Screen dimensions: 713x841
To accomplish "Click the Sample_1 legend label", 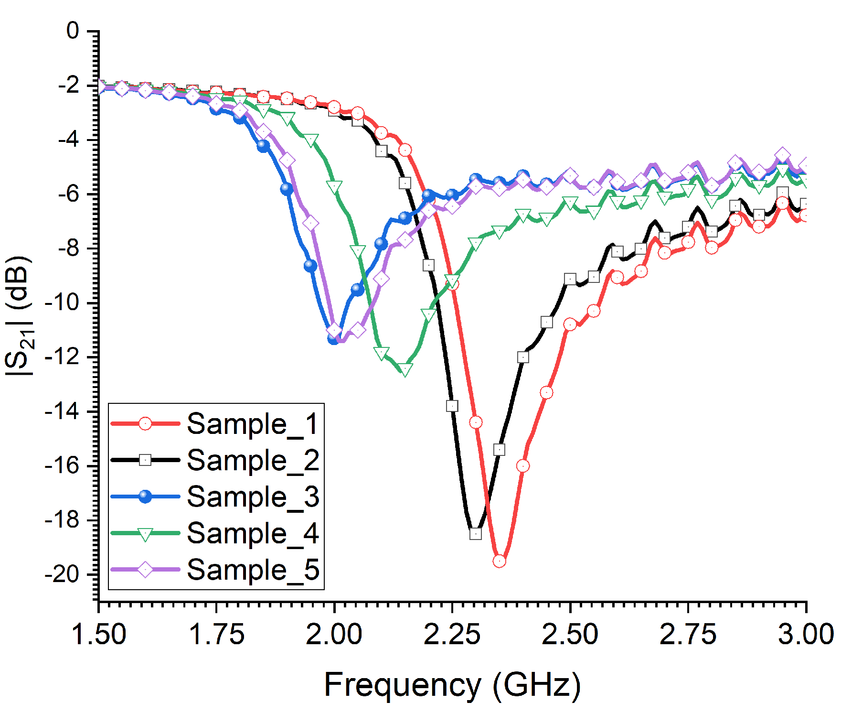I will [253, 424].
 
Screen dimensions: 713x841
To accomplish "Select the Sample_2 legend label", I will [253, 460].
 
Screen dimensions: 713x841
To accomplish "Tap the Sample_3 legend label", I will [253, 497].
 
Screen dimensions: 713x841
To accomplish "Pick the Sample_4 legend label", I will [253, 533].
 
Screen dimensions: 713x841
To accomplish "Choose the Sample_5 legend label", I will [253, 569].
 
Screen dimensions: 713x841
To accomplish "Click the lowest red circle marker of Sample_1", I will [499, 561].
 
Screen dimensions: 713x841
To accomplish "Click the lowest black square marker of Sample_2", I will [476, 534].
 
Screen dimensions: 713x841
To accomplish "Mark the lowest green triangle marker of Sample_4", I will [405, 369].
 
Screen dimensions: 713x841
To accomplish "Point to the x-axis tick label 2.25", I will [452, 635].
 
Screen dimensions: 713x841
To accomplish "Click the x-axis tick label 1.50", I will [98, 635].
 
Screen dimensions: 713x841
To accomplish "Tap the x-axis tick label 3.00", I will [806, 635].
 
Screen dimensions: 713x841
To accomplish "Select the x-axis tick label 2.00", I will [334, 635].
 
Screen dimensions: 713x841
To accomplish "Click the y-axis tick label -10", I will [62, 302].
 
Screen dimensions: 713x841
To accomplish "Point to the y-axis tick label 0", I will [73, 31].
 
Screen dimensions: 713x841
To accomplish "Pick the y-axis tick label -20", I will [62, 574].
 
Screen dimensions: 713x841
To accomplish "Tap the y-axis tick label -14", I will [62, 411].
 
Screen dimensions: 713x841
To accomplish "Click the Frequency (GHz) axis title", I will [452, 685].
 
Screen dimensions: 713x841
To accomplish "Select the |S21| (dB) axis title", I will [19, 315].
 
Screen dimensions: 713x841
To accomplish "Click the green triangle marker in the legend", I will [145, 533].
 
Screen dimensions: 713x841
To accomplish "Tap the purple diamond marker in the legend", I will [145, 570].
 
